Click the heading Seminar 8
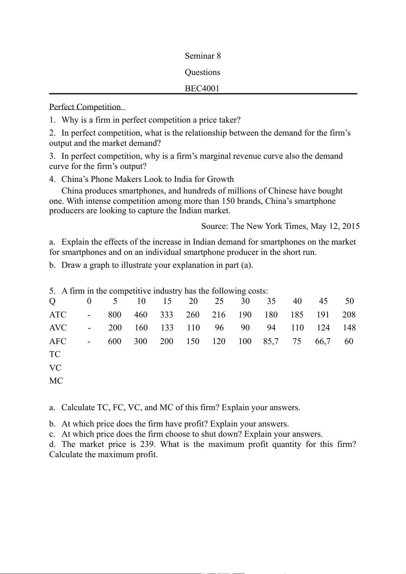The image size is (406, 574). click(202, 56)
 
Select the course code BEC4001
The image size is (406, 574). click(202, 89)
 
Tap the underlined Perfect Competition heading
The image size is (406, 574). click(85, 107)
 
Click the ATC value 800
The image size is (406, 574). click(115, 315)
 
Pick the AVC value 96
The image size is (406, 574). click(219, 328)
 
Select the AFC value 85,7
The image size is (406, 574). click(271, 341)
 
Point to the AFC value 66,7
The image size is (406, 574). click(323, 341)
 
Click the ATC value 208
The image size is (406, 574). click(349, 315)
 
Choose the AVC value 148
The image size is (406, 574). click(349, 328)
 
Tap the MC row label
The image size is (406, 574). click(56, 381)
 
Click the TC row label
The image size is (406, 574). click(55, 354)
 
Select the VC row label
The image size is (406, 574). click(55, 368)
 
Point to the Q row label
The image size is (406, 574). click(52, 301)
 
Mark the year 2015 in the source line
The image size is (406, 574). click(351, 226)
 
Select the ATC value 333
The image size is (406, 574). click(167, 315)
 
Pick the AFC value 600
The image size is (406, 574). click(115, 341)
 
